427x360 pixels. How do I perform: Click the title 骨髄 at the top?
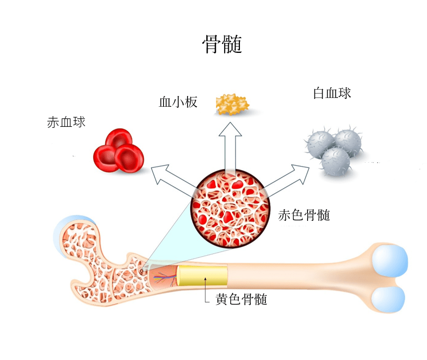[x=222, y=45]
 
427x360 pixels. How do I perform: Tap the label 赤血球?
[x=66, y=122]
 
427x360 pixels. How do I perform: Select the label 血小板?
[x=178, y=102]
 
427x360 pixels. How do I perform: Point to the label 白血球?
[x=332, y=93]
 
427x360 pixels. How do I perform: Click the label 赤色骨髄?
[x=304, y=215]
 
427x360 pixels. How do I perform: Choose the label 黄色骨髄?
[x=241, y=299]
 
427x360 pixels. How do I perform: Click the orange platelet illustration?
[x=232, y=104]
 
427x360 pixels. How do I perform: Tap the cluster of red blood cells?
[x=118, y=150]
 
